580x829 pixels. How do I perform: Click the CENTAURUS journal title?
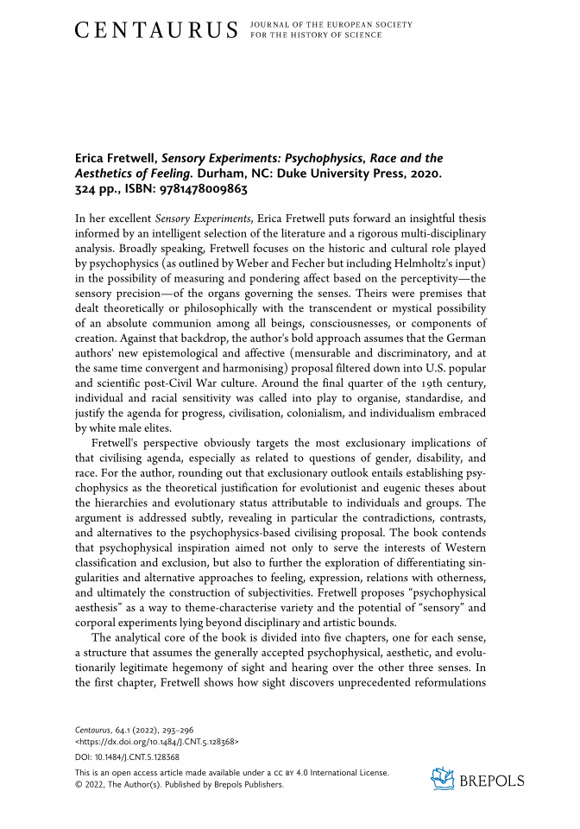[x=156, y=31]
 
